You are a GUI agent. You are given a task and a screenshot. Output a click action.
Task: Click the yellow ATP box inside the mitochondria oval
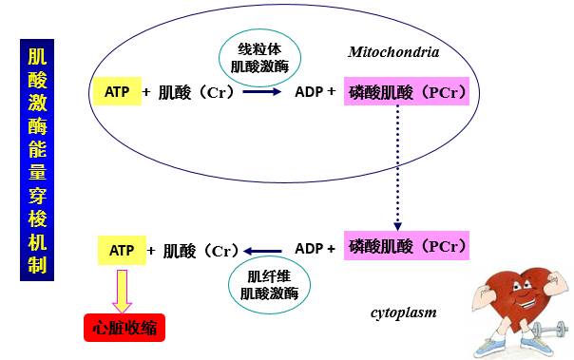tap(116, 92)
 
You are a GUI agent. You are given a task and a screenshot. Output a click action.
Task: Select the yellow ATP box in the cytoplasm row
tap(122, 250)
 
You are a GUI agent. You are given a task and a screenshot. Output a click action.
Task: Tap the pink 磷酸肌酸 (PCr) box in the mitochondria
tap(406, 92)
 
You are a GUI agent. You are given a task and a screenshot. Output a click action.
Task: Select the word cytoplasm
tap(403, 312)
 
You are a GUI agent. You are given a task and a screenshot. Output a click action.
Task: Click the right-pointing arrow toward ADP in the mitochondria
tap(260, 93)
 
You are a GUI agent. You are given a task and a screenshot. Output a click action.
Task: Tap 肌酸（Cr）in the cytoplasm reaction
tap(200, 251)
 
